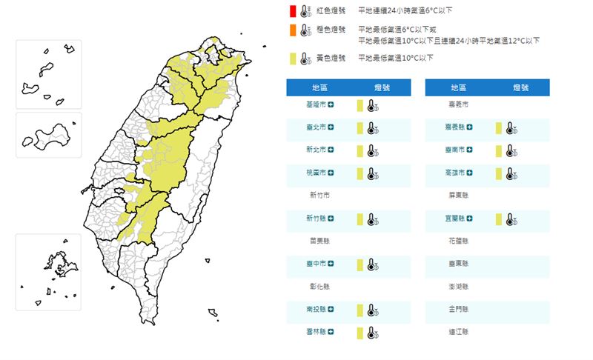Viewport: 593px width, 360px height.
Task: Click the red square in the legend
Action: click(293, 11)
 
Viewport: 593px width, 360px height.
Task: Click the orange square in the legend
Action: click(293, 30)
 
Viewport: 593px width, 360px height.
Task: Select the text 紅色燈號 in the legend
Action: click(331, 11)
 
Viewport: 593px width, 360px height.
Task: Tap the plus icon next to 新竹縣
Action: click(331, 219)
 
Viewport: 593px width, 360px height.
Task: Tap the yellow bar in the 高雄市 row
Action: click(499, 173)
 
